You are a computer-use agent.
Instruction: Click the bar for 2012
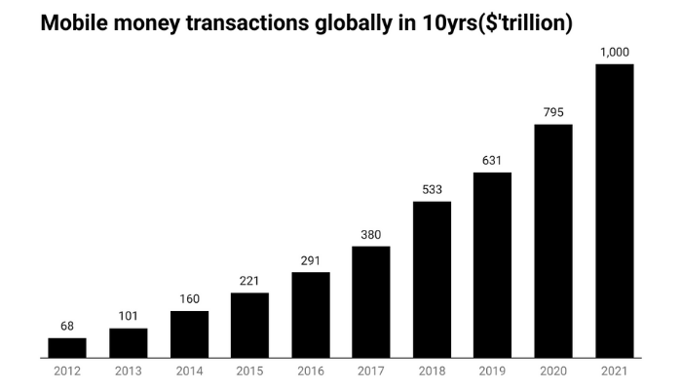[67, 347]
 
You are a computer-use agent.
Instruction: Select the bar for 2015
[249, 325]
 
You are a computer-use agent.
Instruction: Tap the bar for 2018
[432, 279]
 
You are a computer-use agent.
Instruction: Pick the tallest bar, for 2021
[614, 211]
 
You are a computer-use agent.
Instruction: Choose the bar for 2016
[311, 314]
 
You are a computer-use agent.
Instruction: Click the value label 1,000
[614, 52]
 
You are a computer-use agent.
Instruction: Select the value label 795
[553, 112]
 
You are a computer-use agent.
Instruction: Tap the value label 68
[67, 326]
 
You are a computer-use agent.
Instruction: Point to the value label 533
[432, 189]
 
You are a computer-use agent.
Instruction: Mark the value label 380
[371, 234]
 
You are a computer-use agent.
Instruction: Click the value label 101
[128, 316]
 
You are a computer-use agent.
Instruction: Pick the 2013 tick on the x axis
[128, 371]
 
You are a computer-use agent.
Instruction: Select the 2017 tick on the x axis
[371, 371]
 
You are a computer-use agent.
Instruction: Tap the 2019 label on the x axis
[492, 371]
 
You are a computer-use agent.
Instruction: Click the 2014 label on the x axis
[189, 371]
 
